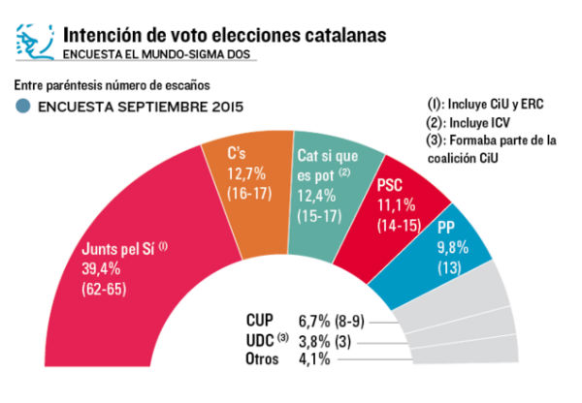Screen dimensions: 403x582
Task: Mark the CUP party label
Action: click(264, 320)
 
